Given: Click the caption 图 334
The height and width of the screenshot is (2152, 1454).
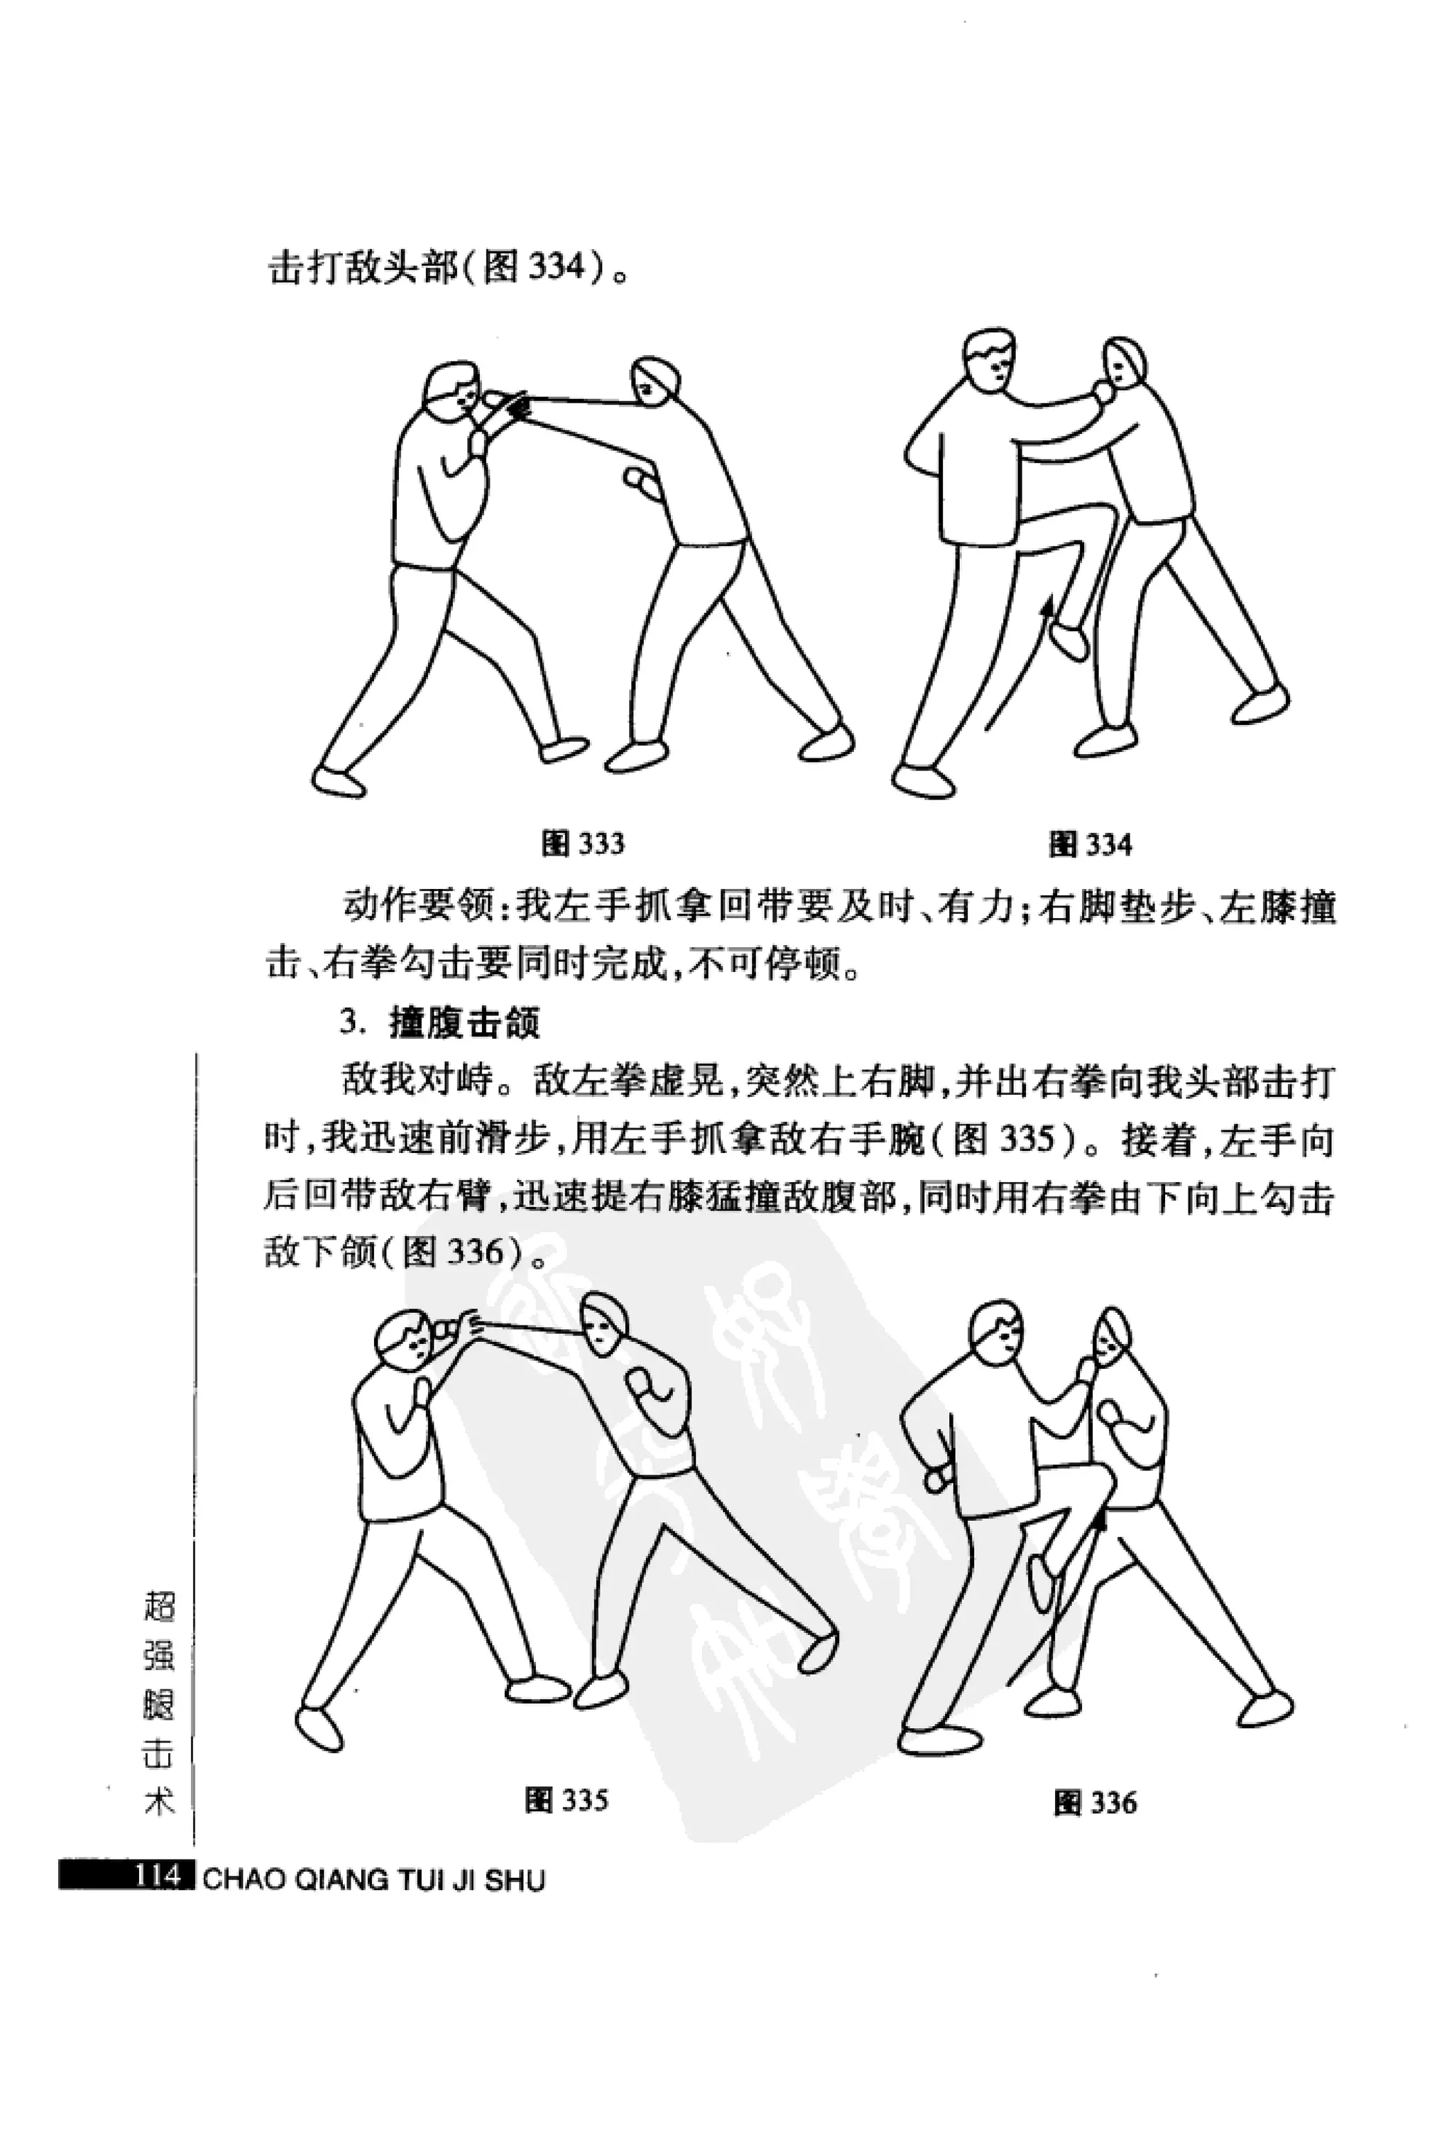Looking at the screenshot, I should pyautogui.click(x=1090, y=844).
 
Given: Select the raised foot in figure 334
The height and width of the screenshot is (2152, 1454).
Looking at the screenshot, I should pyautogui.click(x=1071, y=639).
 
